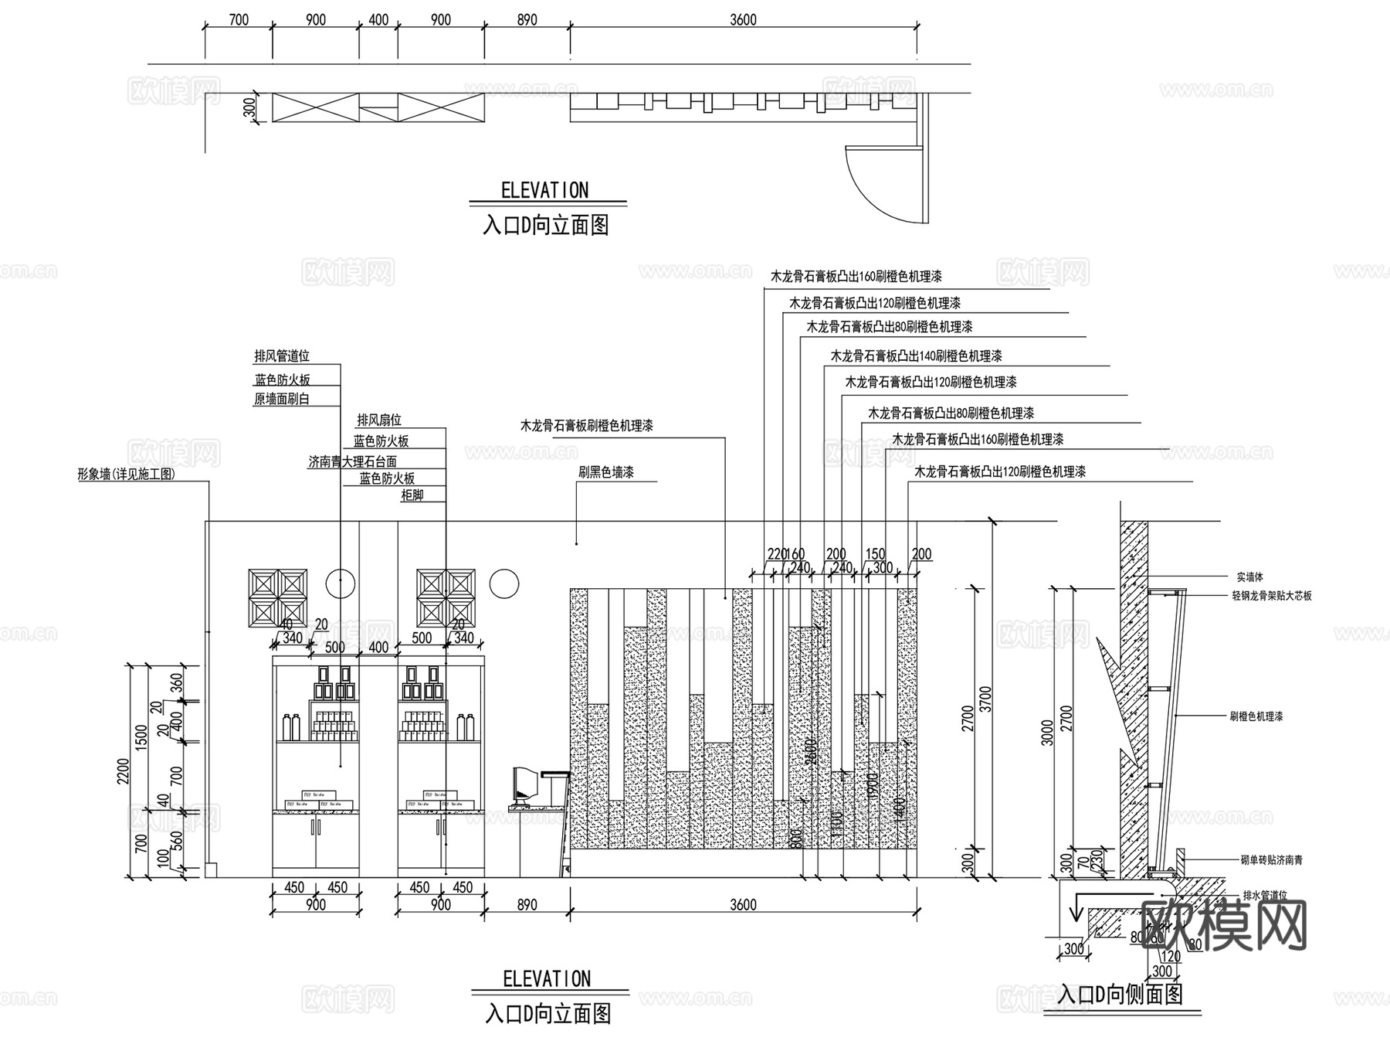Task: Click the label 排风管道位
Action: pos(282,356)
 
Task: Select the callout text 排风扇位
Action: pos(379,420)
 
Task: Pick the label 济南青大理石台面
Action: pos(352,461)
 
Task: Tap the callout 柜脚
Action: pos(412,495)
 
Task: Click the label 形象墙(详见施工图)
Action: pos(126,475)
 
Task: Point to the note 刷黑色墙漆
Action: pos(606,472)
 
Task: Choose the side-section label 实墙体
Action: pos(1249,577)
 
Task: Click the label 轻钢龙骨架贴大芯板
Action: pos(1271,596)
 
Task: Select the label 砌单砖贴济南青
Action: pos(1271,860)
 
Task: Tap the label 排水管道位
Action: pos(1265,896)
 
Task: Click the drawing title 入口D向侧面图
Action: pos(1120,994)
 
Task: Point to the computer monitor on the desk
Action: pos(524,783)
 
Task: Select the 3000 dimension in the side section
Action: pos(1047,732)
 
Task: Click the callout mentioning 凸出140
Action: pos(916,356)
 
